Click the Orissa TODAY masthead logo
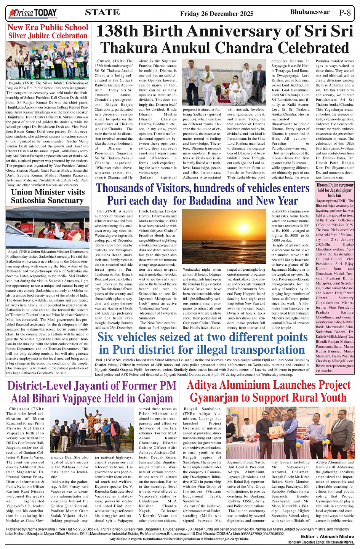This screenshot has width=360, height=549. click(x=33, y=13)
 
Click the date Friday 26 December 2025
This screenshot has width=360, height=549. click(x=217, y=14)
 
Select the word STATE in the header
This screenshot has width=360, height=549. click(x=102, y=13)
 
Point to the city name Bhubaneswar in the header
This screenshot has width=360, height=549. click(x=310, y=12)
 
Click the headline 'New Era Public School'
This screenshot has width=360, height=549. click(x=48, y=27)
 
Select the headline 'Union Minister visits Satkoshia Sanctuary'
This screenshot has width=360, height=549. click(x=48, y=196)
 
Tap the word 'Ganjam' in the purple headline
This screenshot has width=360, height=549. click(x=154, y=398)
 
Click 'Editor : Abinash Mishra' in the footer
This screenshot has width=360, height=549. click(x=327, y=536)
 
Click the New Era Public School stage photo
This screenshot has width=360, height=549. click(x=48, y=60)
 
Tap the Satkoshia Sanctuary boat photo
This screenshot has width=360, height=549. click(x=48, y=227)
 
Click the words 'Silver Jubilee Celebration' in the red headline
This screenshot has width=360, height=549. click(x=48, y=36)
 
